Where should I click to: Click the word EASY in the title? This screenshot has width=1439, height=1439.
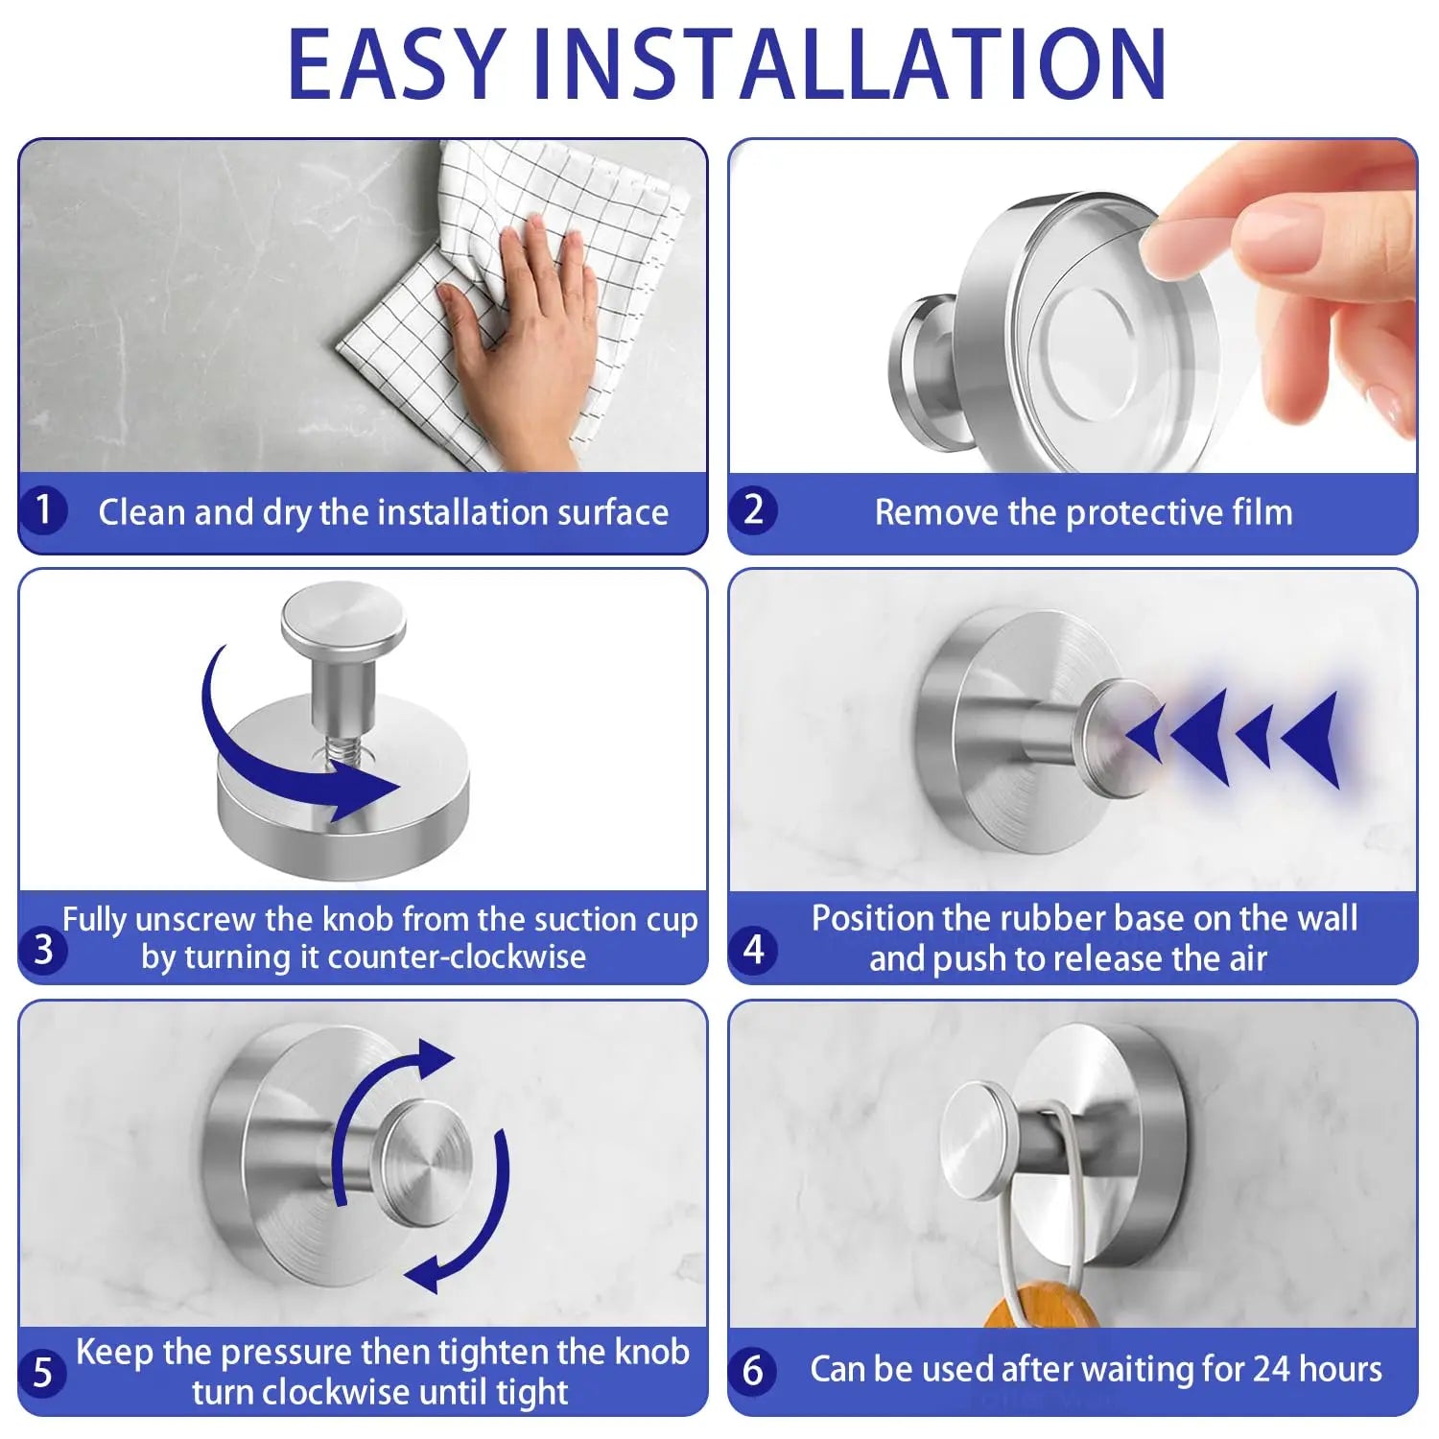tap(396, 65)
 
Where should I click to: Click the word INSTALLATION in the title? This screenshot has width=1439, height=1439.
tap(849, 65)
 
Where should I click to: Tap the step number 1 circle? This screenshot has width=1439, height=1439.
tap(43, 509)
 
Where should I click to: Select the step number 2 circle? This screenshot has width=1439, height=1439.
tap(754, 509)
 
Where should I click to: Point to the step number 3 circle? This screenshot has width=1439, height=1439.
tap(43, 950)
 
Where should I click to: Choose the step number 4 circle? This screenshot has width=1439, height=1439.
tap(754, 950)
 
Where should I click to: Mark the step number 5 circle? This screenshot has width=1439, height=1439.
tap(43, 1373)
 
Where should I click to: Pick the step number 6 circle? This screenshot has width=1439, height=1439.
tap(754, 1371)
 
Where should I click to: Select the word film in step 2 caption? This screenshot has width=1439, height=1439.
tap(1262, 512)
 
